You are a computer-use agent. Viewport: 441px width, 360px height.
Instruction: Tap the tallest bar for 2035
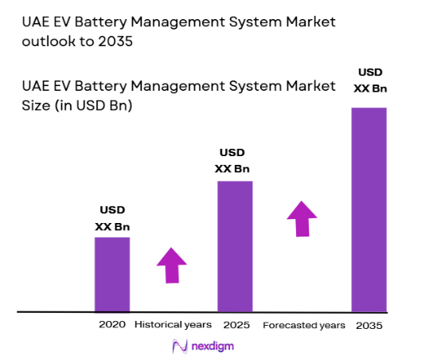pyautogui.click(x=369, y=209)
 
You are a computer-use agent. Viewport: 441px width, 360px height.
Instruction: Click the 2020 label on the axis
pyautogui.click(x=112, y=325)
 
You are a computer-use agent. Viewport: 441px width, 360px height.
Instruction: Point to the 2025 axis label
pyautogui.click(x=237, y=325)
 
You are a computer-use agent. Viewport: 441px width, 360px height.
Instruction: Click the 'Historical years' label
pyautogui.click(x=173, y=325)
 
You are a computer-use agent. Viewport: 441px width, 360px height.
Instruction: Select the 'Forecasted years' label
pyautogui.click(x=304, y=325)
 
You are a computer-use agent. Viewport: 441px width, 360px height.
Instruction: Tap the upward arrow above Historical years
pyautogui.click(x=172, y=264)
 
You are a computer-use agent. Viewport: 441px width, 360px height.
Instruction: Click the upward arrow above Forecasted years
pyautogui.click(x=302, y=218)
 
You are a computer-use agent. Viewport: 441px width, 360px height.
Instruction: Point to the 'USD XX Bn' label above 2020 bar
pyautogui.click(x=112, y=218)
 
